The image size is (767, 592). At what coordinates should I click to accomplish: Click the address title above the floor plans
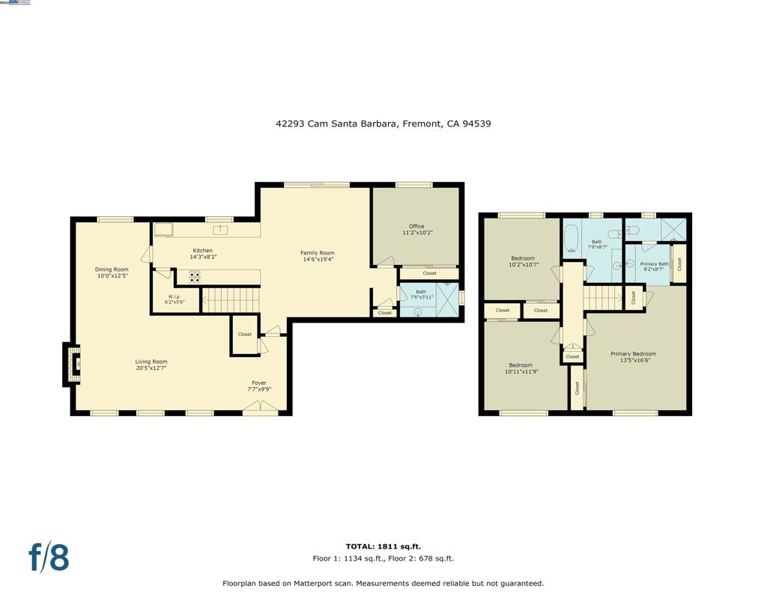pos(383,124)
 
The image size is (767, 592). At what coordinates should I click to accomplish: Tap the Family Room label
pos(318,257)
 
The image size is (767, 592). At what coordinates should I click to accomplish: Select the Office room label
pos(416,229)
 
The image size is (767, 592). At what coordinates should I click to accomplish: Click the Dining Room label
pos(112,273)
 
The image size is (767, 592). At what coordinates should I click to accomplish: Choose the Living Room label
pos(151,365)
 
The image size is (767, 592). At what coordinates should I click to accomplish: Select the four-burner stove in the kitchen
pos(194,277)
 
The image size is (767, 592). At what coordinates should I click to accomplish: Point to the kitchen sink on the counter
pos(221,230)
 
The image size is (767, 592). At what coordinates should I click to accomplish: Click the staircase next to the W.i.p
pos(231,300)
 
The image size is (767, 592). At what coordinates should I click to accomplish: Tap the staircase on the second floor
pos(603,297)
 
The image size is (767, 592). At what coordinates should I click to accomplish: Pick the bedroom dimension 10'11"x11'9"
pos(521,371)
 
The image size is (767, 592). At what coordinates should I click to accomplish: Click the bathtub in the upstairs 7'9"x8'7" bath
pos(572,239)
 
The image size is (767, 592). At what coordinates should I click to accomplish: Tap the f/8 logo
pos(49,557)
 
